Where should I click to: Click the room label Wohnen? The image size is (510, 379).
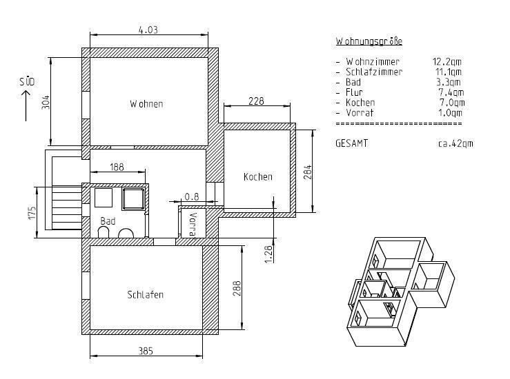click(x=146, y=104)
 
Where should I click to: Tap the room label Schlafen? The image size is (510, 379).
click(x=145, y=294)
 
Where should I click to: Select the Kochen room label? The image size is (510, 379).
click(x=258, y=176)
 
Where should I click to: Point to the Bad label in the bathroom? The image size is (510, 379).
click(x=108, y=221)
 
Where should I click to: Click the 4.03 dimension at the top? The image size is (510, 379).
click(x=148, y=30)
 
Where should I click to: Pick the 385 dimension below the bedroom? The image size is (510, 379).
click(x=146, y=351)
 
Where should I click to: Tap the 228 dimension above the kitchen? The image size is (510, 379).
click(x=256, y=101)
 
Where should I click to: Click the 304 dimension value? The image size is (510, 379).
click(x=46, y=102)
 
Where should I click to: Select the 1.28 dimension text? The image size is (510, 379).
click(x=268, y=254)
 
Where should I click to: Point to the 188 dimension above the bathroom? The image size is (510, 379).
click(x=117, y=167)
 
